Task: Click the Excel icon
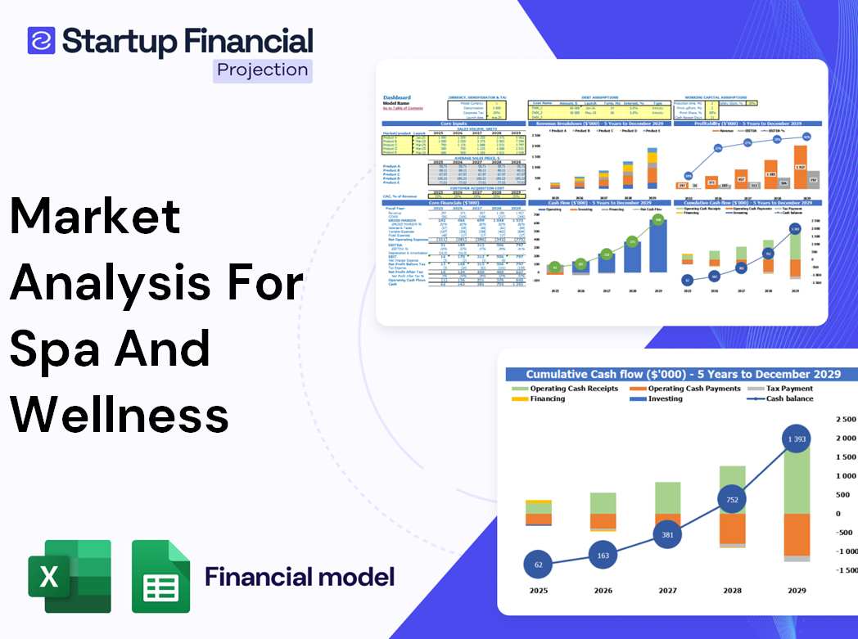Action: click(x=70, y=576)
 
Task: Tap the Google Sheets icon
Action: click(x=161, y=576)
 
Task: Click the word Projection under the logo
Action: click(x=263, y=70)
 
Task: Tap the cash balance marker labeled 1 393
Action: click(x=790, y=440)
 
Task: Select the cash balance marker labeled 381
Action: click(x=668, y=535)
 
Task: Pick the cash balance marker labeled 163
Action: click(x=603, y=556)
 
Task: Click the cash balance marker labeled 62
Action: click(x=538, y=565)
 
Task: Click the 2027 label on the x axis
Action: click(x=668, y=590)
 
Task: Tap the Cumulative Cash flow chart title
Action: click(x=683, y=374)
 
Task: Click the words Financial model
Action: click(x=300, y=577)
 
